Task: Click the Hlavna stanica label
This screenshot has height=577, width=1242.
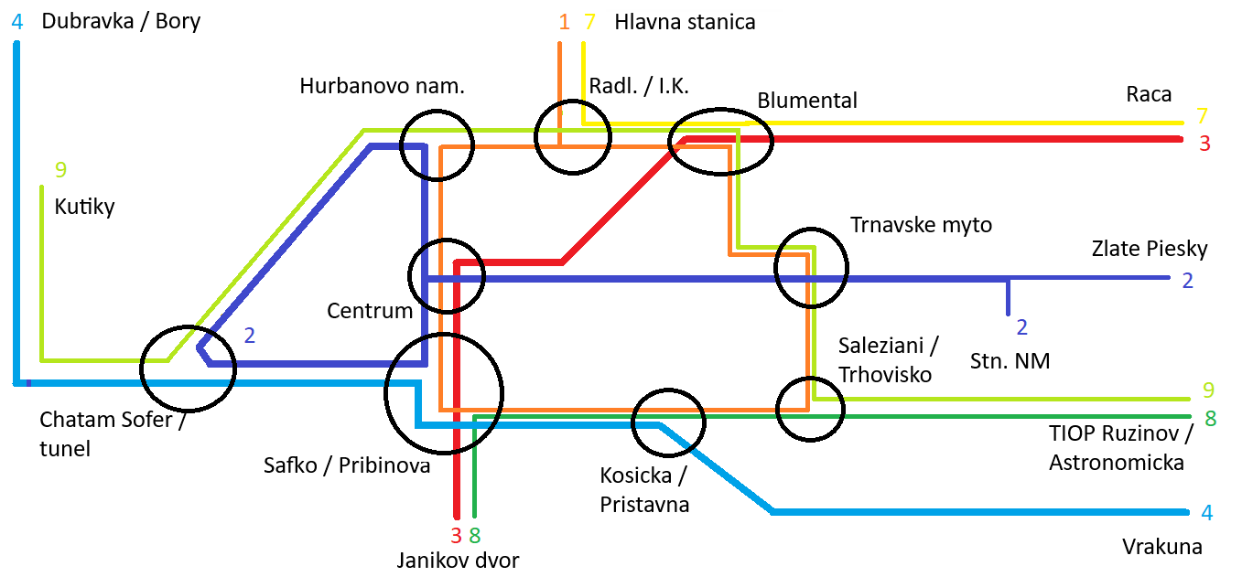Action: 685,22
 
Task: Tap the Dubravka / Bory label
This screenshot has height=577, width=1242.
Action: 121,21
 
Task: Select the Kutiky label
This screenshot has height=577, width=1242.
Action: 85,207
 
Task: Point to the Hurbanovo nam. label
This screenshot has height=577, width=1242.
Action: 382,86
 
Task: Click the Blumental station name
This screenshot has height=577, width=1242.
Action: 807,100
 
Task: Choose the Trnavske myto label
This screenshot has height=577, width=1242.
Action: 921,224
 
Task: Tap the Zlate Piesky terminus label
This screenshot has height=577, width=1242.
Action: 1150,249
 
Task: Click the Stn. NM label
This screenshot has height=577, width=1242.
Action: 1010,361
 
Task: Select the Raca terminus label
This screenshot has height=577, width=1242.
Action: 1149,95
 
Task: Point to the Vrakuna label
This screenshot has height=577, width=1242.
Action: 1161,547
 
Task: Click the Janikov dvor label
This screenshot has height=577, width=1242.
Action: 458,560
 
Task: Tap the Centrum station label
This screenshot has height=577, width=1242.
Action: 370,311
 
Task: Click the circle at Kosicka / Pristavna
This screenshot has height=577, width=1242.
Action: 669,422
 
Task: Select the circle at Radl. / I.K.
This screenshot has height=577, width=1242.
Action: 572,136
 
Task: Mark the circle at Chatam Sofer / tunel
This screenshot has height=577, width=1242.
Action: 189,368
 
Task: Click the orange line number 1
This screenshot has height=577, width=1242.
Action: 564,22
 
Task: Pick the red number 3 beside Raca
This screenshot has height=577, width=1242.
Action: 1204,144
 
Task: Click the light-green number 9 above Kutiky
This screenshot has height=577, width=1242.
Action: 60,169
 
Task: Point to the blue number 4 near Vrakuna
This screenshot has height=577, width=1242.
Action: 1206,513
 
